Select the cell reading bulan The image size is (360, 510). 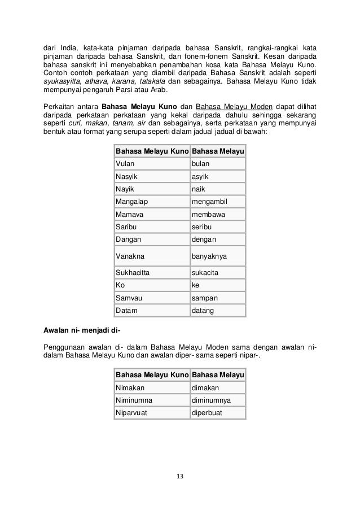click(218, 164)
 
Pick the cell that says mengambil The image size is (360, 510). click(218, 200)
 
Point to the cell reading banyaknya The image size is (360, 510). click(218, 256)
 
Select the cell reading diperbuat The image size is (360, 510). click(218, 413)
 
